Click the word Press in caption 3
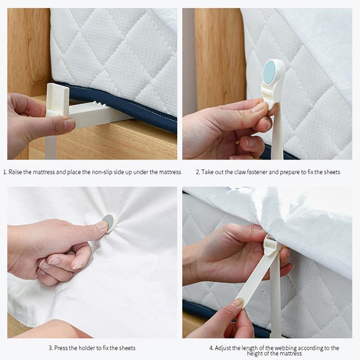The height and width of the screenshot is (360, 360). click(61, 348)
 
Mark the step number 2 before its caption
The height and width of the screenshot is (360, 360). click(197, 172)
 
